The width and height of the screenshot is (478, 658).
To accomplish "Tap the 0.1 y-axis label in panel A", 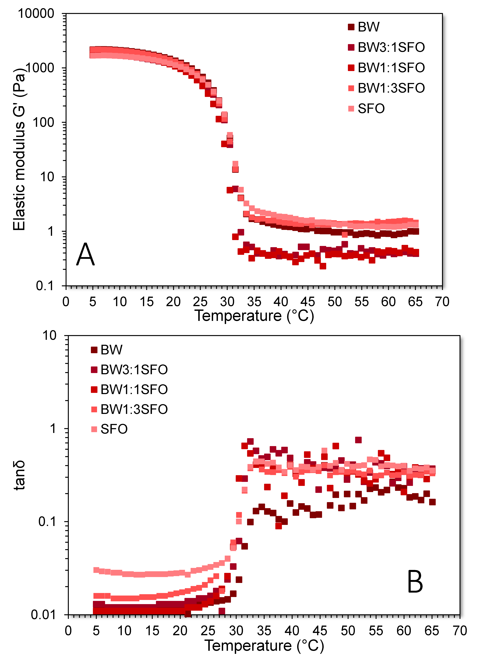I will (x=45, y=286).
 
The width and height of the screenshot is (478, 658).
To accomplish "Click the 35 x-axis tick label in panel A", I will (x=254, y=302).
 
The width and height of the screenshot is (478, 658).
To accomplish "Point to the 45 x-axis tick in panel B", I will (x=320, y=631).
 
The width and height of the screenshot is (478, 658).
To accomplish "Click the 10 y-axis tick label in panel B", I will (x=49, y=336).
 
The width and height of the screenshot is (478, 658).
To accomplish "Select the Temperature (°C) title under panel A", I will (x=254, y=316).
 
